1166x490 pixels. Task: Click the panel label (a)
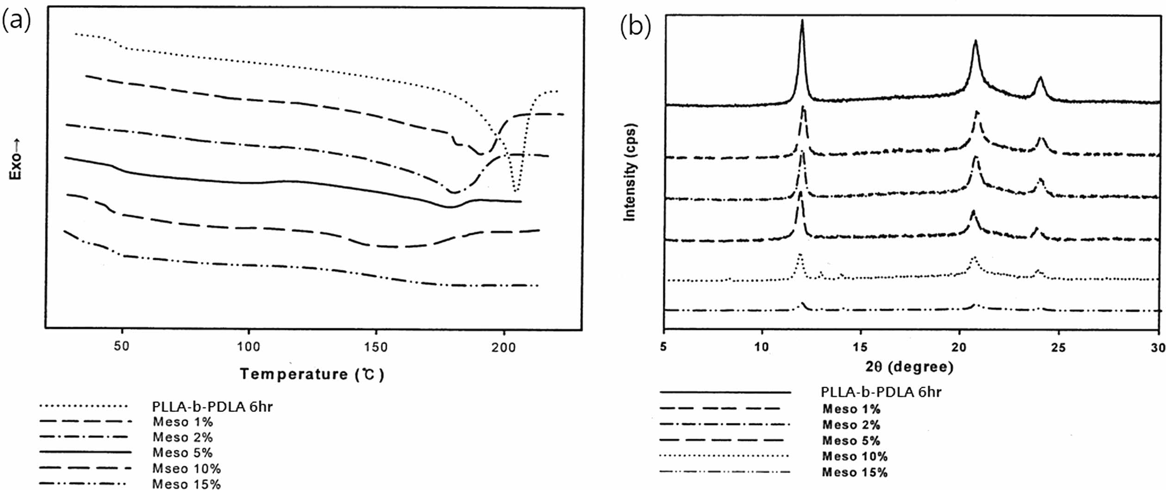(x=17, y=21)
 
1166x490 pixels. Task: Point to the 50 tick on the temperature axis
(x=122, y=346)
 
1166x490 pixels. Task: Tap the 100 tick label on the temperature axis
(x=248, y=346)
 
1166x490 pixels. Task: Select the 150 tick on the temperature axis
(x=375, y=346)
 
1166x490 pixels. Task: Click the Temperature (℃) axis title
(x=312, y=374)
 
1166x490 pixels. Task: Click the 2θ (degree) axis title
(x=910, y=367)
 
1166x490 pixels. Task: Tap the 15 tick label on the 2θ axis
(x=861, y=347)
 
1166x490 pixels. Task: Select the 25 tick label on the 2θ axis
(x=1058, y=347)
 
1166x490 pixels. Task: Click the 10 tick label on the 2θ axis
(x=762, y=347)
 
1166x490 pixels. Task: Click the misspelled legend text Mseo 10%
(x=186, y=468)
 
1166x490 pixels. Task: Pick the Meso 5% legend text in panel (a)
(x=183, y=453)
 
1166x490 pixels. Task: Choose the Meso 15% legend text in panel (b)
(x=855, y=472)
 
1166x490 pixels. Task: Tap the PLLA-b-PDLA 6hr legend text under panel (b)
(x=881, y=392)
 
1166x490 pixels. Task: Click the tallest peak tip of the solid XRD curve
(x=802, y=20)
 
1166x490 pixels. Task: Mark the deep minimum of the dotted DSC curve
(x=516, y=190)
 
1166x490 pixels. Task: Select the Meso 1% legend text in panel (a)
(x=183, y=422)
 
